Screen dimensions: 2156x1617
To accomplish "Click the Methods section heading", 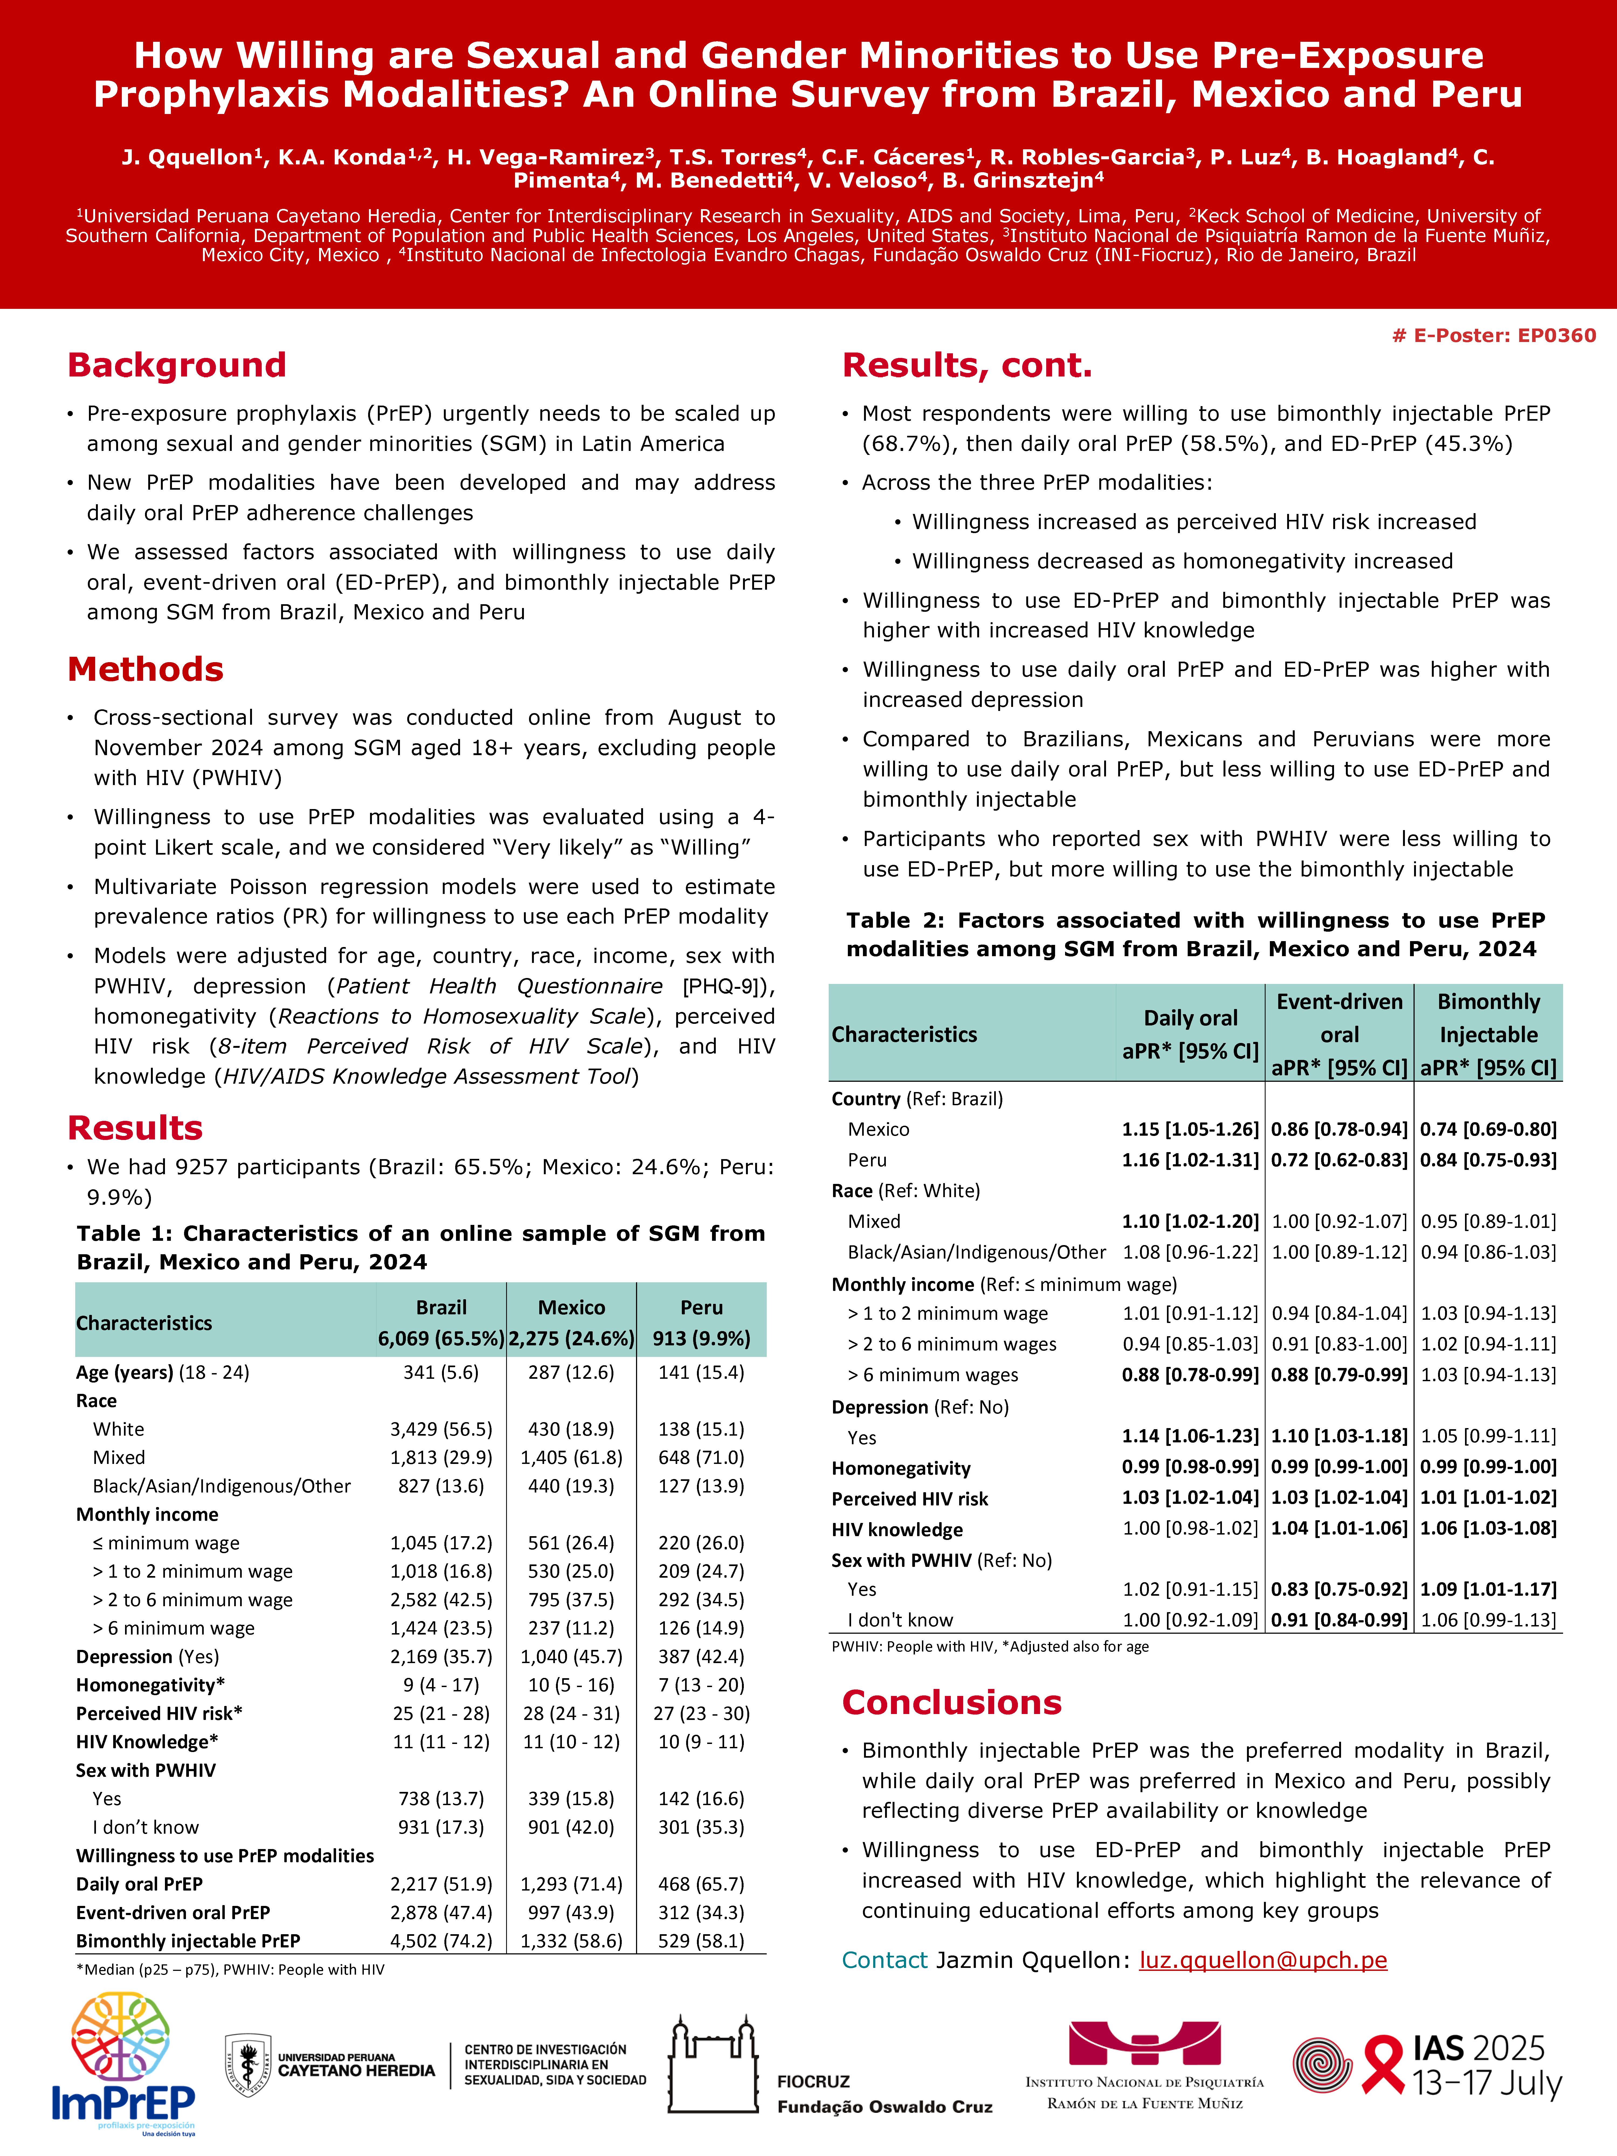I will pos(145,670).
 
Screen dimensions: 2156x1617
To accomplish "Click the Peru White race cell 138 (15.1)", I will pos(701,1429).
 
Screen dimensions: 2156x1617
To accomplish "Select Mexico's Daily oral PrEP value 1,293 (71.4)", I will pos(571,1884).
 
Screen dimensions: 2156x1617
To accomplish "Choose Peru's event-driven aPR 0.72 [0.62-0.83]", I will pos(1339,1160).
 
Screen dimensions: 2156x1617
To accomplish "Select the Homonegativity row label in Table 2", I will pos(901,1468).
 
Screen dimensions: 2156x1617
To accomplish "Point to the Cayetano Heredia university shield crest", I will pos(248,2064).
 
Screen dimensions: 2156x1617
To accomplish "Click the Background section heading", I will pos(177,365).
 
